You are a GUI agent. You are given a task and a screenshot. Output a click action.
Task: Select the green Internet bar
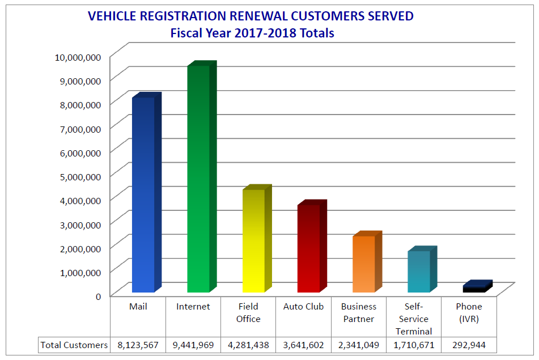click(x=198, y=179)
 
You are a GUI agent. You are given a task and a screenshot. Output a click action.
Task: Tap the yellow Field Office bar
click(x=253, y=241)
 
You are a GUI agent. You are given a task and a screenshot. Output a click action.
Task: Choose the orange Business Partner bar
click(x=364, y=264)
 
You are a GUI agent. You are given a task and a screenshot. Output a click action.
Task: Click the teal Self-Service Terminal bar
click(x=419, y=272)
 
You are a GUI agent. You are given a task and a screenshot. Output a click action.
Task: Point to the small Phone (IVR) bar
click(x=474, y=289)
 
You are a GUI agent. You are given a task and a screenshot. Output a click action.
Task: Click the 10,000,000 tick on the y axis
click(x=78, y=57)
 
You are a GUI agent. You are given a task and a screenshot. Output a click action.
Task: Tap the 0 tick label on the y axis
click(x=98, y=295)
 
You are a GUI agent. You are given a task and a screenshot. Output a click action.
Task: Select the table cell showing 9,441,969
click(x=193, y=345)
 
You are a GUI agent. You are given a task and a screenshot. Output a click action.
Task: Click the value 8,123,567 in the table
click(x=138, y=345)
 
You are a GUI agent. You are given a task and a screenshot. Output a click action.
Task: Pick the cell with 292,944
click(x=469, y=345)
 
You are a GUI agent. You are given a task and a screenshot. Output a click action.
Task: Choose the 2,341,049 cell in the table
click(x=358, y=345)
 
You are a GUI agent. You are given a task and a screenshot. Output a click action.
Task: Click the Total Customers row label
click(x=74, y=345)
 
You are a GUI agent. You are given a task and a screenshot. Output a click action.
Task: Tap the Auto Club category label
click(x=303, y=307)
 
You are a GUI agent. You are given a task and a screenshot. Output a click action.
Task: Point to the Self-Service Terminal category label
click(x=414, y=319)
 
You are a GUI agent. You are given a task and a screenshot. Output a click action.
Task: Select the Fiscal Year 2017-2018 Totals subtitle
click(x=252, y=33)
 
